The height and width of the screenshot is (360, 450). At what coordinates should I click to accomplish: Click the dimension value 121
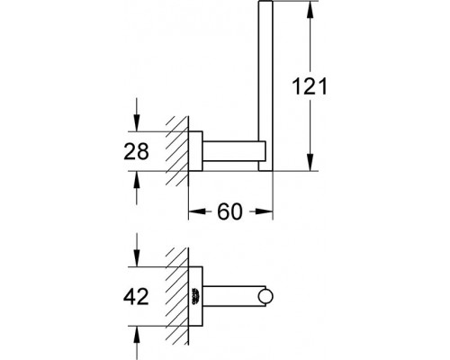click(310, 86)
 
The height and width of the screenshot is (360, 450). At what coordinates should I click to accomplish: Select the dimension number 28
click(136, 151)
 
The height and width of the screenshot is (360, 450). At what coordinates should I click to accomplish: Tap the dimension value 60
click(229, 211)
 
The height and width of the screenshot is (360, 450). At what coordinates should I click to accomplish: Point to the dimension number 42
click(136, 297)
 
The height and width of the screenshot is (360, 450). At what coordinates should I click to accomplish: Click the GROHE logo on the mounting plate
click(195, 296)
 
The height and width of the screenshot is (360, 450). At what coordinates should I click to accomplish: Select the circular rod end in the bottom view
click(265, 296)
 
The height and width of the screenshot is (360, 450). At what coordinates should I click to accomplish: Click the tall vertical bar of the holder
click(265, 85)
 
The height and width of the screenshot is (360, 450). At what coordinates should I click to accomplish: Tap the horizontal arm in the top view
click(234, 151)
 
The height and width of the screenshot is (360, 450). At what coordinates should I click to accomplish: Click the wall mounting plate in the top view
click(195, 151)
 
